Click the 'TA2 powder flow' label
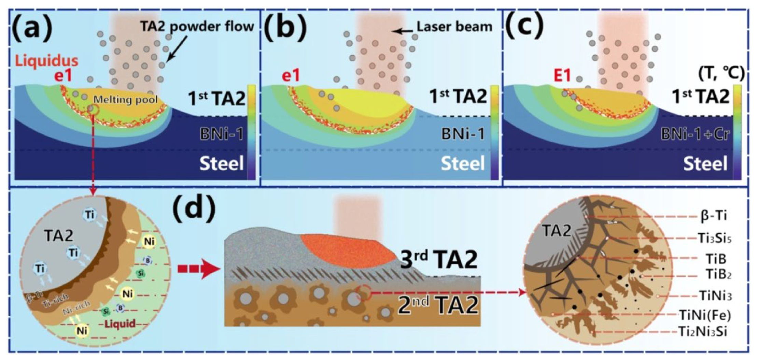click(x=198, y=26)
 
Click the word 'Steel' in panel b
click(x=463, y=163)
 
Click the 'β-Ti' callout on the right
click(x=713, y=216)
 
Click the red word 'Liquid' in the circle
click(x=120, y=323)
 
